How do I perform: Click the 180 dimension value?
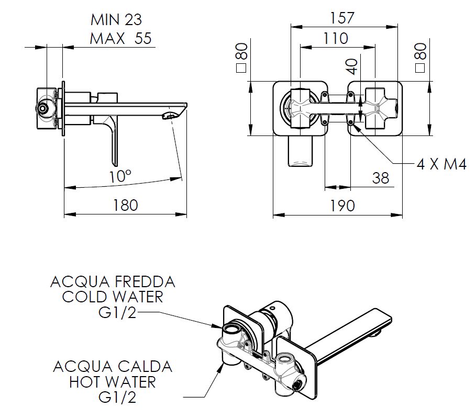pos(125,205)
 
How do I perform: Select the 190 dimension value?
pos(343,205)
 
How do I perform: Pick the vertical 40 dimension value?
pos(352,66)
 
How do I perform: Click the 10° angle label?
pos(120,176)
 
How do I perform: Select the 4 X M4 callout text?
pos(441,164)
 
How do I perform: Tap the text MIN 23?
pos(116,20)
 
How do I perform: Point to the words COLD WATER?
pos(113,297)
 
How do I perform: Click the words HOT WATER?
pos(113,381)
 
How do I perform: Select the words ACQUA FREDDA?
pos(113,282)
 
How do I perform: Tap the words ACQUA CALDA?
pos(113,366)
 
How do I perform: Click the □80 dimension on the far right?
pos(420,58)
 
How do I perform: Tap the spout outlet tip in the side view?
pos(171,115)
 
